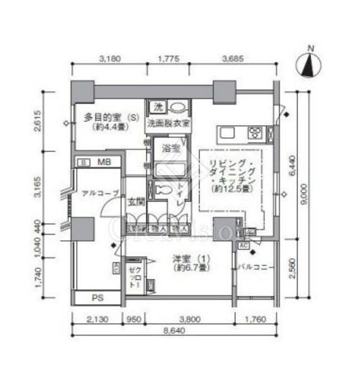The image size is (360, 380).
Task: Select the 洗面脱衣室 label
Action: pyautogui.click(x=168, y=123)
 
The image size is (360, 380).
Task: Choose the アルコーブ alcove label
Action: pyautogui.click(x=97, y=194)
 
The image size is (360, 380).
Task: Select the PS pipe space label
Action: pyautogui.click(x=96, y=297)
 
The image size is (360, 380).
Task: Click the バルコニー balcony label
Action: pyautogui.click(x=255, y=267)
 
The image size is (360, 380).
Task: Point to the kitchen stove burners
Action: pyautogui.click(x=256, y=133)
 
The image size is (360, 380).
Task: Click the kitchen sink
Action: pyautogui.click(x=226, y=134)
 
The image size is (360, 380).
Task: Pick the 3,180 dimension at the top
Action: pyautogui.click(x=109, y=58)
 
